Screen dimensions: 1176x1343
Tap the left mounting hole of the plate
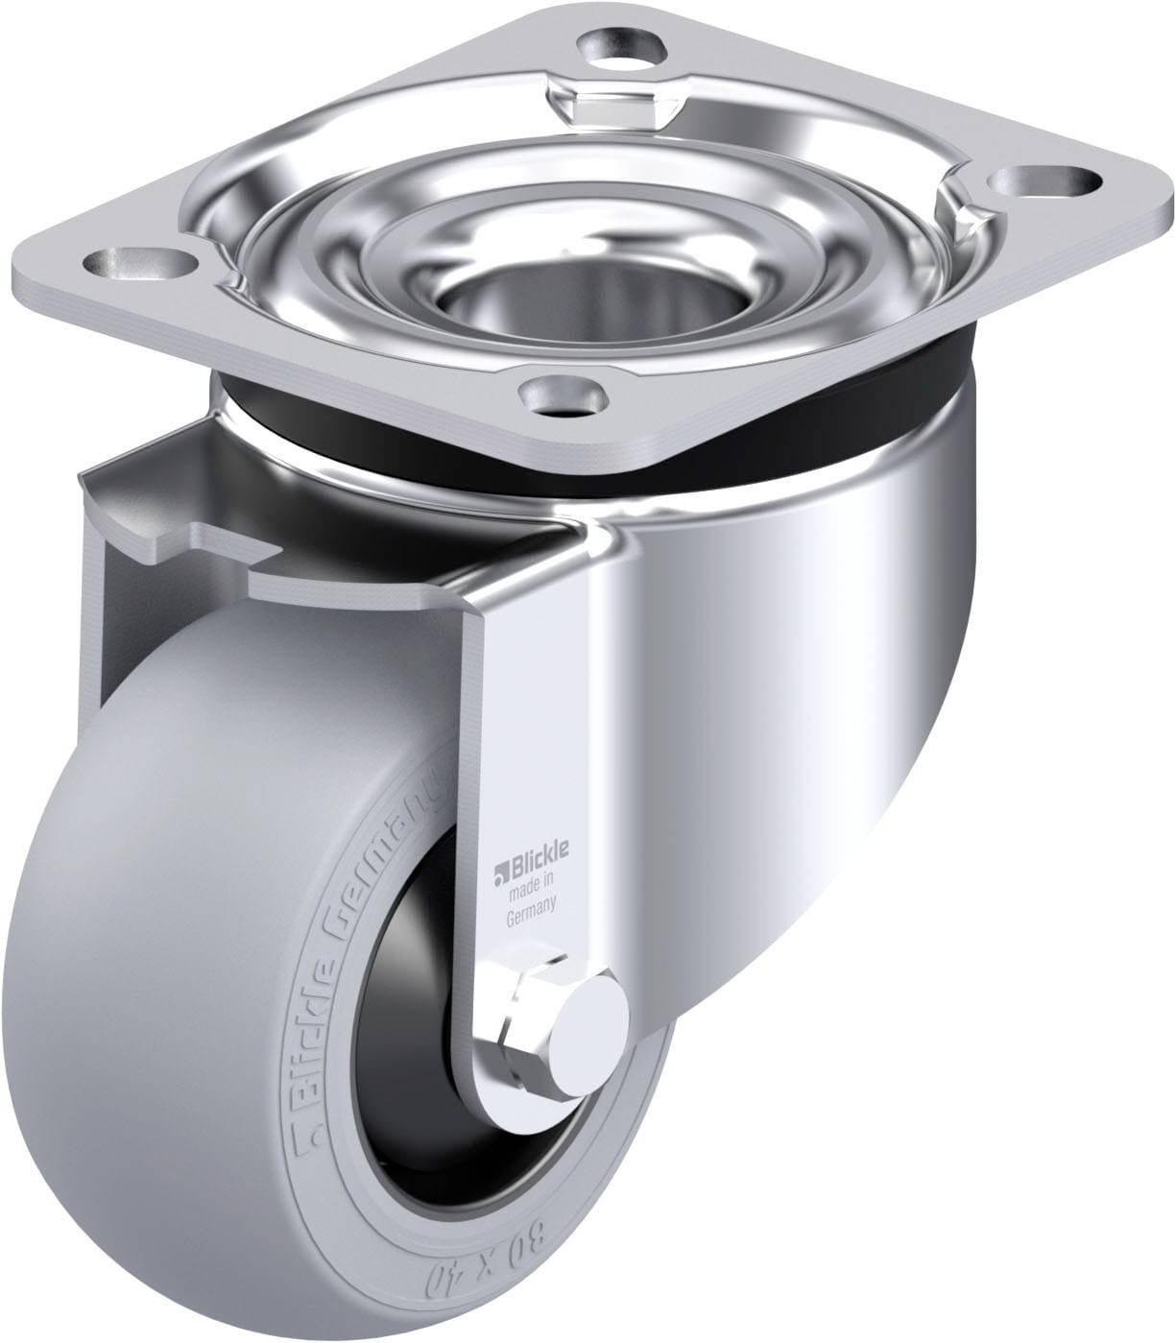point(141,263)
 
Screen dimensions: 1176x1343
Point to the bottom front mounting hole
point(564,395)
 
